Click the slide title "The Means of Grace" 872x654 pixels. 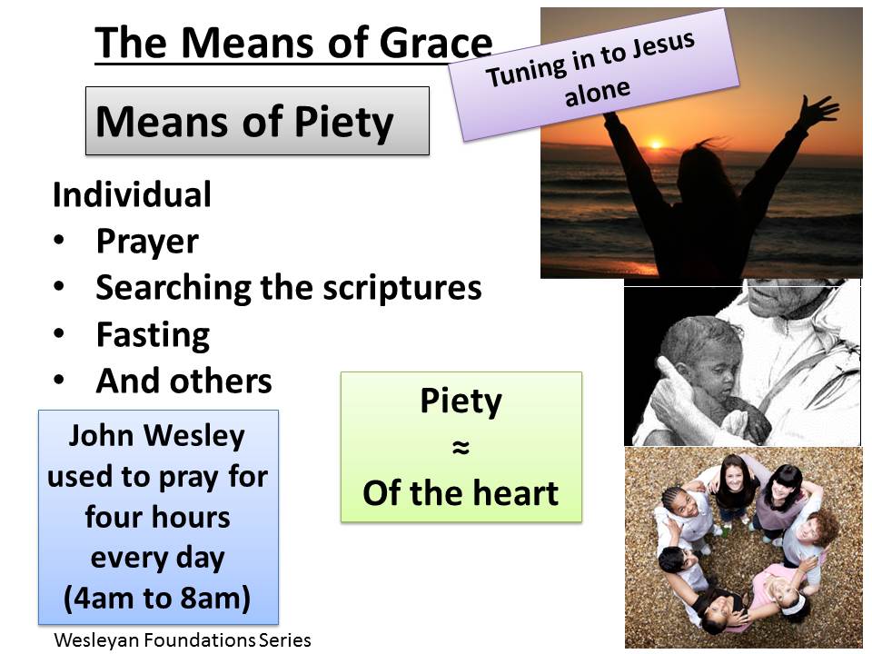pyautogui.click(x=293, y=43)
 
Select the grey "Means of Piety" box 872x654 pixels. pyautogui.click(x=257, y=122)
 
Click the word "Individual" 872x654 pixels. pyautogui.click(x=132, y=194)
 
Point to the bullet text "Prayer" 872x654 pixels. pyautogui.click(x=147, y=242)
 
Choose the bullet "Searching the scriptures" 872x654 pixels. pyautogui.click(x=289, y=288)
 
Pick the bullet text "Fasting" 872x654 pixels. pyautogui.click(x=153, y=335)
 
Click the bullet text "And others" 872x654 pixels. pyautogui.click(x=183, y=381)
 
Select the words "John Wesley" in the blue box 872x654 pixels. pyautogui.click(x=158, y=436)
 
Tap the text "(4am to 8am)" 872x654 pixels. pyautogui.click(x=158, y=599)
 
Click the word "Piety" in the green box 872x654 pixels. pyautogui.click(x=461, y=402)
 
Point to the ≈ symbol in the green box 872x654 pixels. pyautogui.click(x=461, y=448)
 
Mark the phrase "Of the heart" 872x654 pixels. pyautogui.click(x=461, y=493)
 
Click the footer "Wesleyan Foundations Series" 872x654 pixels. pyautogui.click(x=183, y=639)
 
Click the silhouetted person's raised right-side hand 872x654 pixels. pyautogui.click(x=818, y=112)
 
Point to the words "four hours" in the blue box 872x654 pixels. pyautogui.click(x=158, y=518)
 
